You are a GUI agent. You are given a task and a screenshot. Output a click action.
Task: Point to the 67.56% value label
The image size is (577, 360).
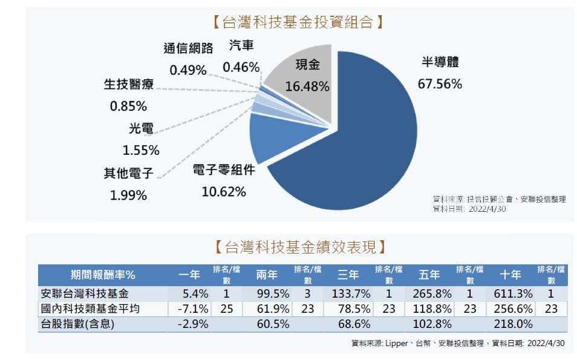pos(440,84)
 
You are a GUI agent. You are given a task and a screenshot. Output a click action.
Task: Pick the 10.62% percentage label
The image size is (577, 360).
pos(224,192)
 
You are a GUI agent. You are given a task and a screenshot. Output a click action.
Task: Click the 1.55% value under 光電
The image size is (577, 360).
pos(140,149)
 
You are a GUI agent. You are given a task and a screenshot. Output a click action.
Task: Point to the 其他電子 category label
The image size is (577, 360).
pos(128,174)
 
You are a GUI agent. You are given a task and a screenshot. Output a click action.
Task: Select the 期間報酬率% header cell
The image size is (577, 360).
pos(102,275)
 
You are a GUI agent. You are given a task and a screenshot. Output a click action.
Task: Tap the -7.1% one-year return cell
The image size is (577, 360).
pos(194,309)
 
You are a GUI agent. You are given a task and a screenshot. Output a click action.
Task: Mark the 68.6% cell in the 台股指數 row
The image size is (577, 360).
pos(356,324)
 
